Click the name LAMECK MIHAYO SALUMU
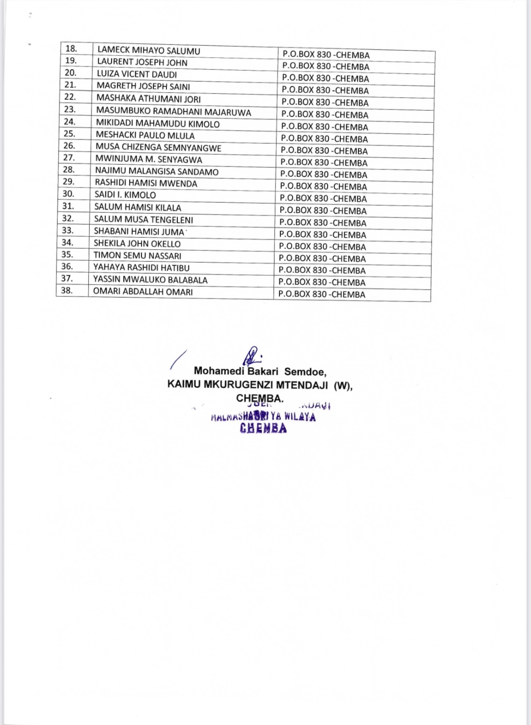click(x=148, y=51)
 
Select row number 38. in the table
click(x=67, y=290)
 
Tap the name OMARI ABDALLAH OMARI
click(x=143, y=292)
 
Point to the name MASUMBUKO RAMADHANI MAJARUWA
click(x=173, y=112)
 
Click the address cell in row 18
click(x=326, y=55)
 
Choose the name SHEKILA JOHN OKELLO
click(x=137, y=244)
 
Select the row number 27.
click(x=69, y=157)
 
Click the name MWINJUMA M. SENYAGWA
click(x=148, y=159)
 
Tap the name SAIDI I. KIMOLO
click(x=125, y=195)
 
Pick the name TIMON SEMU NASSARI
click(x=137, y=255)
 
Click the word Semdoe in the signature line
click(x=305, y=372)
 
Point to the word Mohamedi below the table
click(x=219, y=371)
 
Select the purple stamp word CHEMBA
click(x=263, y=429)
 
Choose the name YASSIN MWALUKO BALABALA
click(x=150, y=280)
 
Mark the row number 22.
click(x=70, y=97)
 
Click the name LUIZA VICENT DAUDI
click(x=137, y=74)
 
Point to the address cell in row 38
click(x=322, y=294)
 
